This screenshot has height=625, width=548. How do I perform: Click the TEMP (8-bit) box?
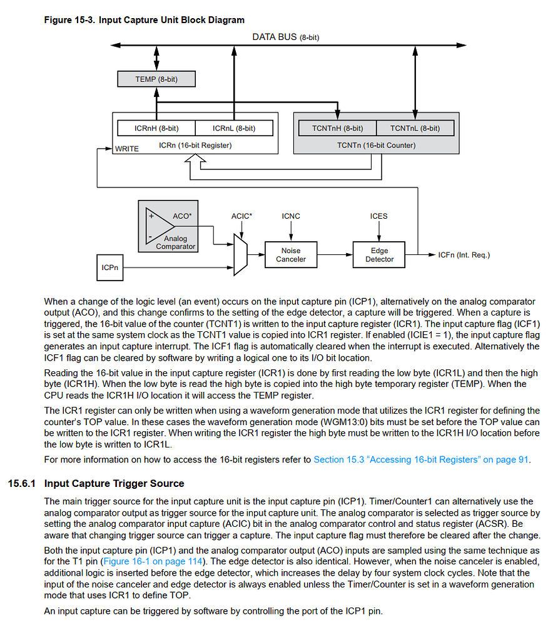pos(156,79)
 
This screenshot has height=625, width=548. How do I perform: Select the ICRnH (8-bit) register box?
pos(156,128)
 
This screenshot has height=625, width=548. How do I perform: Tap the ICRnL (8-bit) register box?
pos(234,128)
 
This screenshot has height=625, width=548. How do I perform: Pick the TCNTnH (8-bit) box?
pos(337,128)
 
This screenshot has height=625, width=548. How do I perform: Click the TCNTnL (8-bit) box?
pos(415,128)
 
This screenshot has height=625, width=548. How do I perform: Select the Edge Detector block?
pos(379,255)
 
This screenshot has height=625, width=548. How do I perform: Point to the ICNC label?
pos(291,216)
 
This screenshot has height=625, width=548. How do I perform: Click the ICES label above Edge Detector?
pos(378,216)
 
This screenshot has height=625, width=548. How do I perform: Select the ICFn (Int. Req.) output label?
pos(464,255)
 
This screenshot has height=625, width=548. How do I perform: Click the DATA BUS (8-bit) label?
pos(285,37)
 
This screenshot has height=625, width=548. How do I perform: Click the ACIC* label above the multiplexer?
pos(241,216)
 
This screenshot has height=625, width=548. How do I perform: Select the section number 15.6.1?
pos(23,483)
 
